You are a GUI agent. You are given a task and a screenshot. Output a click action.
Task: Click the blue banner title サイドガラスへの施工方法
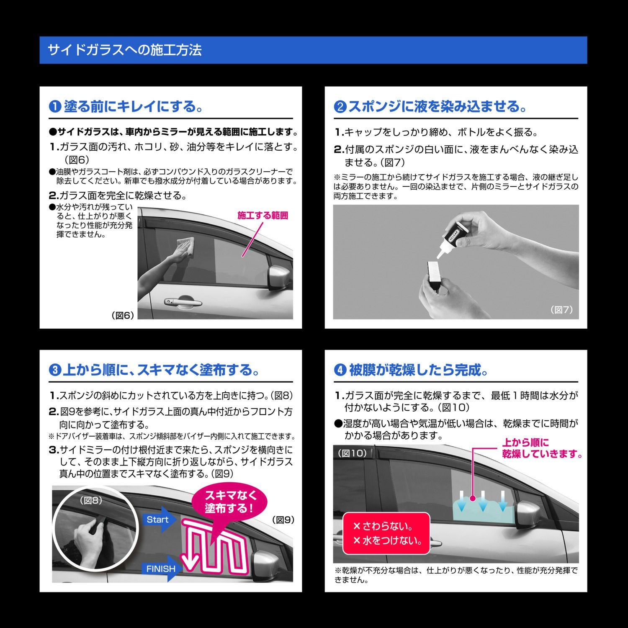[125, 50]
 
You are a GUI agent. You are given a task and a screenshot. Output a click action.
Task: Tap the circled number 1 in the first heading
[55, 107]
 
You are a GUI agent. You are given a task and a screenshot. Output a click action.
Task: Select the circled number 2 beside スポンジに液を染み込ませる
[340, 107]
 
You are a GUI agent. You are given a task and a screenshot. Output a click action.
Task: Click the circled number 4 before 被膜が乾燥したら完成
[340, 371]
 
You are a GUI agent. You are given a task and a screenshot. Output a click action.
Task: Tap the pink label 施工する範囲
[263, 216]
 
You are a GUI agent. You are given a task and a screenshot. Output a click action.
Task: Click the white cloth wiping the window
[187, 247]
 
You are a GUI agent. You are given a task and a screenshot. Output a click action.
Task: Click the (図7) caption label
[561, 310]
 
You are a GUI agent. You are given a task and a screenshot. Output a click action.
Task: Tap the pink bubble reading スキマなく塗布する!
[229, 502]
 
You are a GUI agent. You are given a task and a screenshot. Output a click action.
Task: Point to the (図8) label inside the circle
[91, 500]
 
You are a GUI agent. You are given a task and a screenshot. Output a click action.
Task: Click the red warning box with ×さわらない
[386, 533]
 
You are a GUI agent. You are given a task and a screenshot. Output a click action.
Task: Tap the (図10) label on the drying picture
[352, 453]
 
